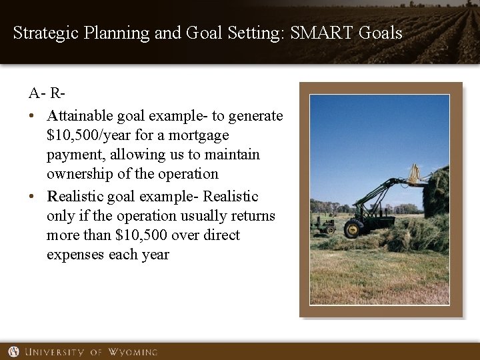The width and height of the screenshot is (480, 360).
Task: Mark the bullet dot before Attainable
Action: pyautogui.click(x=32, y=117)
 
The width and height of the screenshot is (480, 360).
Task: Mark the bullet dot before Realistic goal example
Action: pyautogui.click(x=32, y=197)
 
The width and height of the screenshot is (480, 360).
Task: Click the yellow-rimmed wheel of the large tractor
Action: pyautogui.click(x=353, y=229)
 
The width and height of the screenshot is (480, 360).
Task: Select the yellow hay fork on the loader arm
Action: pyautogui.click(x=416, y=175)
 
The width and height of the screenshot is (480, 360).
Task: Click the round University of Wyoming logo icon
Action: pyautogui.click(x=13, y=351)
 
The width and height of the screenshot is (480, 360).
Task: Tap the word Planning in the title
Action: pyautogui.click(x=117, y=33)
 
